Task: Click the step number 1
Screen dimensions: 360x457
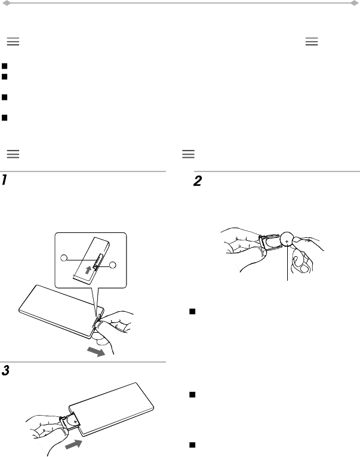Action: pos(5,180)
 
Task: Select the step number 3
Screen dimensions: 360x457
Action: pos(5,371)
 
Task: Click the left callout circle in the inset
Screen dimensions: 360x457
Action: pos(64,259)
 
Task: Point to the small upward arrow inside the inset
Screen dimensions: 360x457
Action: pos(90,269)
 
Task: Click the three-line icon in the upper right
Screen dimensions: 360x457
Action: pos(312,42)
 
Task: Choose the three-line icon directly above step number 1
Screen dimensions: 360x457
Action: pos(13,154)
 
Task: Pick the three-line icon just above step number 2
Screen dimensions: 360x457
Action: pos(188,154)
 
